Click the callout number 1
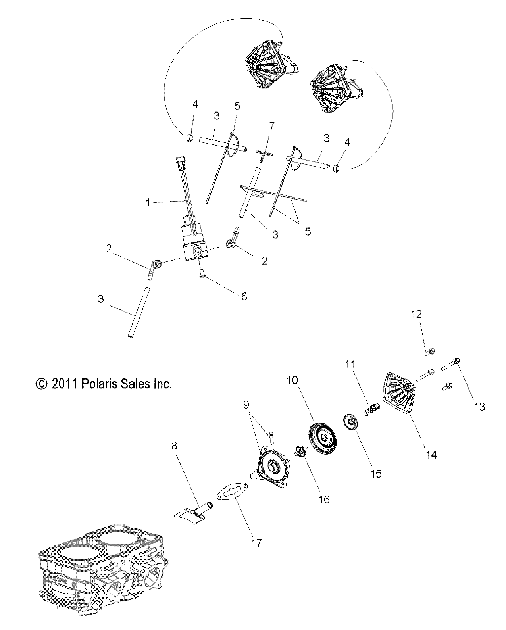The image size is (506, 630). pos(148,203)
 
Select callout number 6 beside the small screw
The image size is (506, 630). pos(244,296)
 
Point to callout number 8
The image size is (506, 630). pos(175,446)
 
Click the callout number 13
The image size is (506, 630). pos(480,406)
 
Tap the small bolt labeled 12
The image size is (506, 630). pos(430,351)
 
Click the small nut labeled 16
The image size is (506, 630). pos(303,451)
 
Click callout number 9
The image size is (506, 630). pos(246,405)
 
